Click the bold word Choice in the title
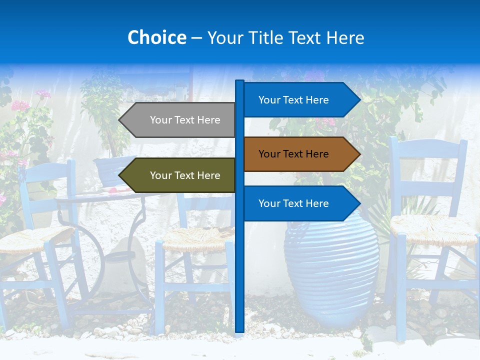click(156, 37)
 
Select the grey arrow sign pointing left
click(177, 120)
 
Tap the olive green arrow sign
click(177, 175)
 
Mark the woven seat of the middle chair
click(197, 238)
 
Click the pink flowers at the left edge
click(20, 105)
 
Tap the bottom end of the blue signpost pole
click(239, 329)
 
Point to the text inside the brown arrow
click(293, 154)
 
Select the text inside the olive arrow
click(185, 175)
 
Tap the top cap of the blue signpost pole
click(239, 82)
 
